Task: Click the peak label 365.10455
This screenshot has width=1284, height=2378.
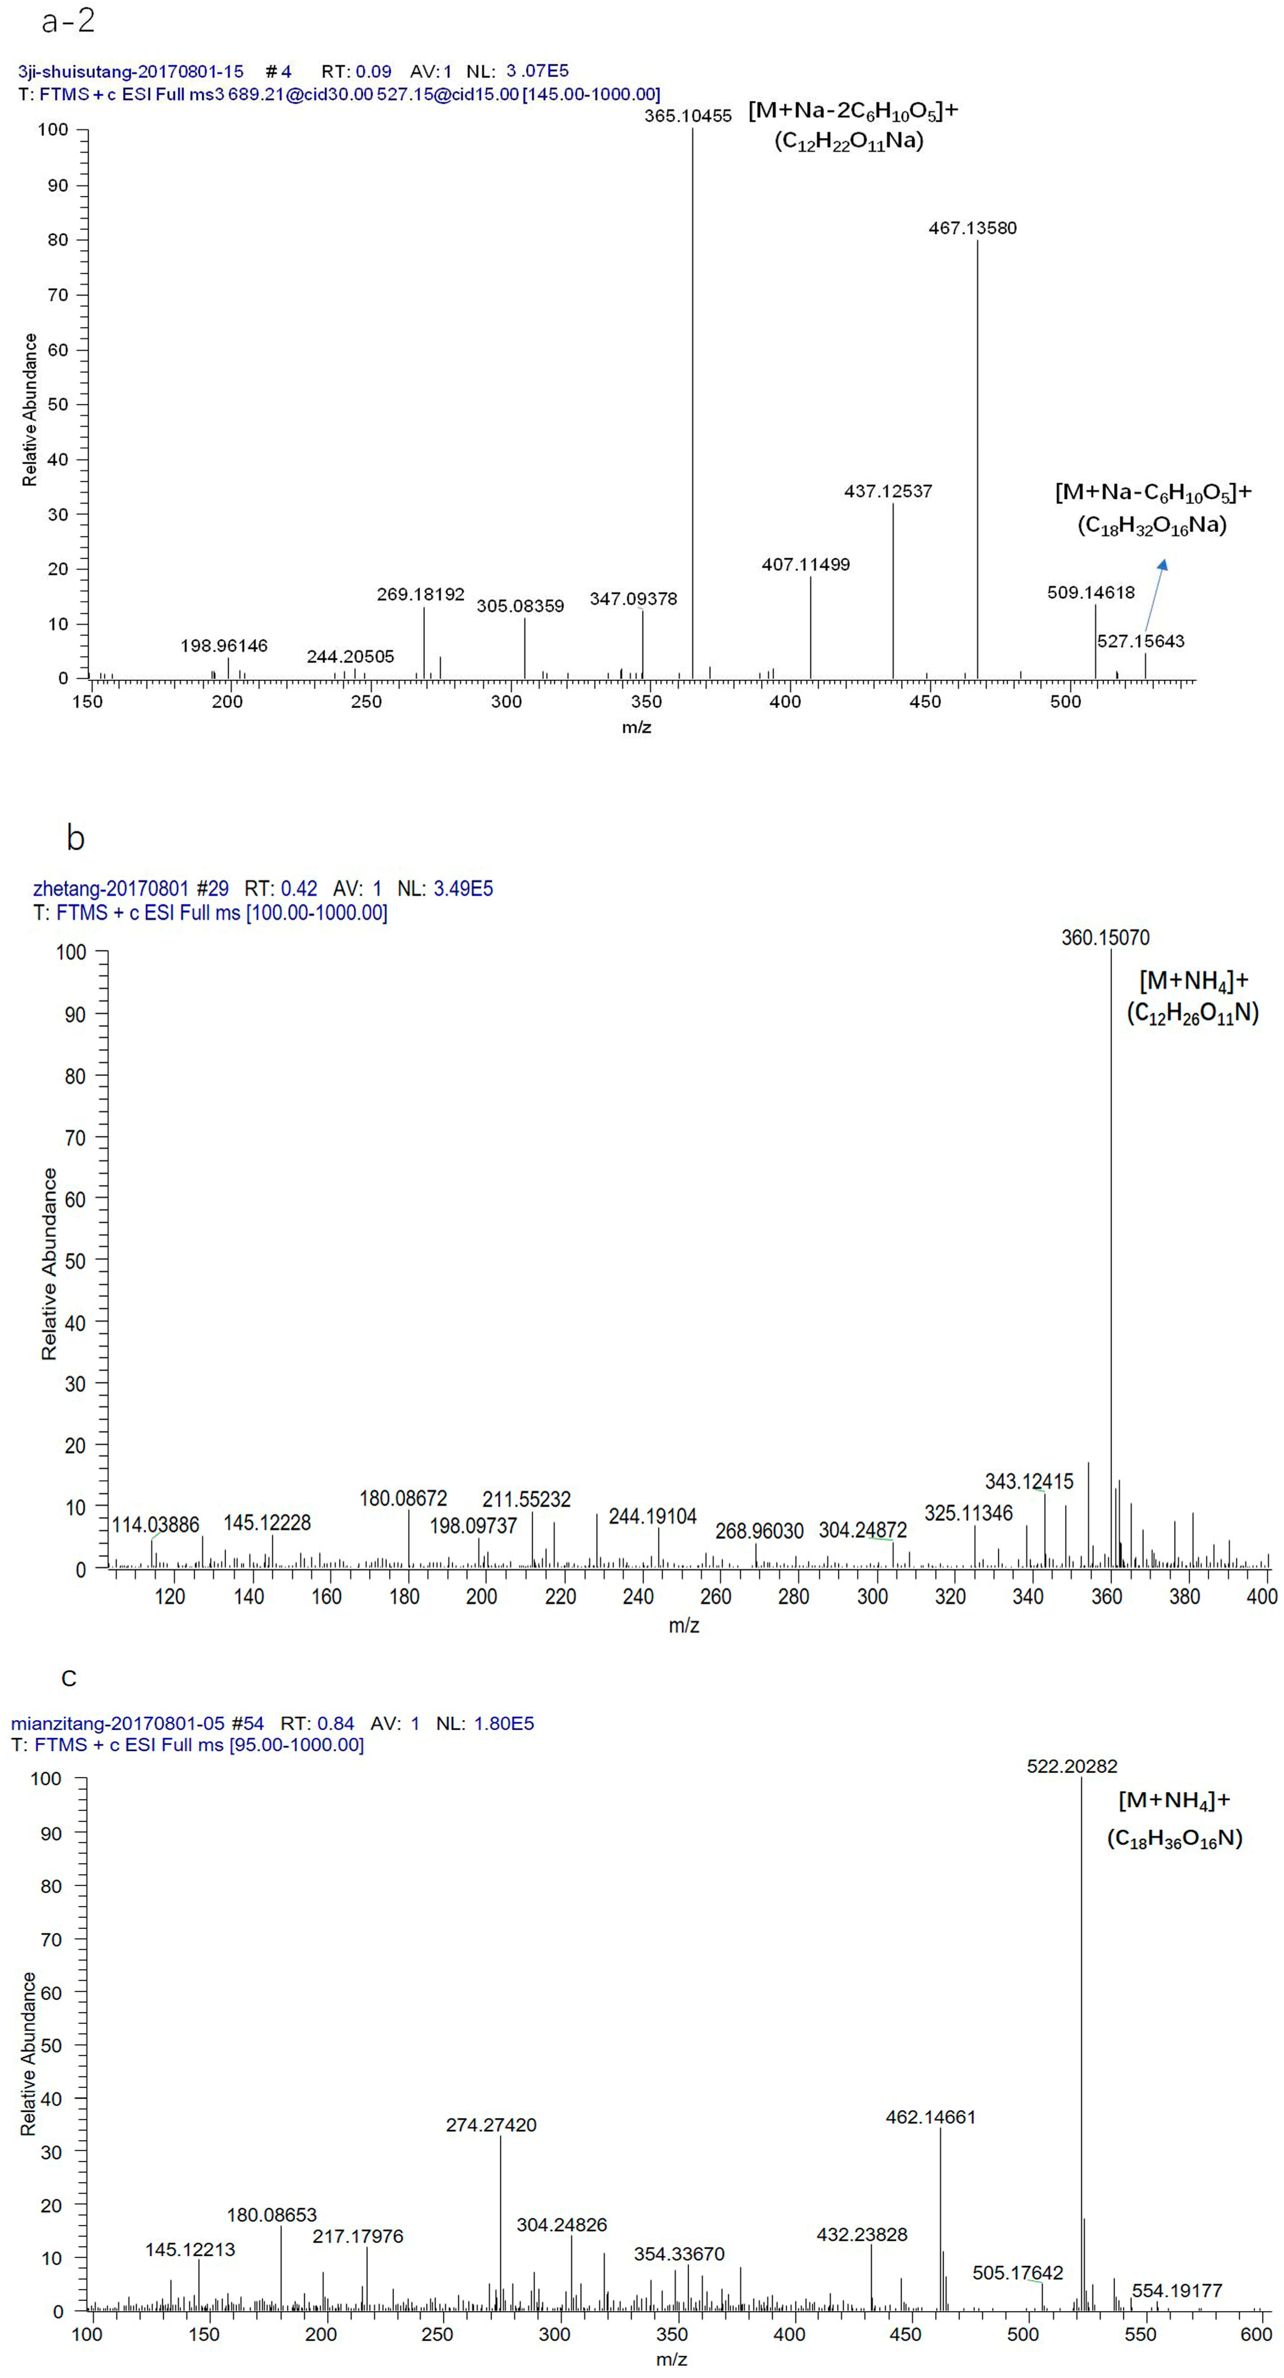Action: click(688, 116)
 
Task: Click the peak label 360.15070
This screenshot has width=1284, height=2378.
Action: click(1105, 938)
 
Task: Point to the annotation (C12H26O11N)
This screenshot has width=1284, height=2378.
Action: click(1192, 1013)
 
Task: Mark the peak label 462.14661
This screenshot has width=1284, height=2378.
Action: click(931, 2117)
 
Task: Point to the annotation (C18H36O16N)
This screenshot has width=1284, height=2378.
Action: click(1174, 1838)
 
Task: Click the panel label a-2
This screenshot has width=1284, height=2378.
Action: click(68, 20)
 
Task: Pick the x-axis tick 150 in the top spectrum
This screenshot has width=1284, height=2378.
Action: click(89, 702)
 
